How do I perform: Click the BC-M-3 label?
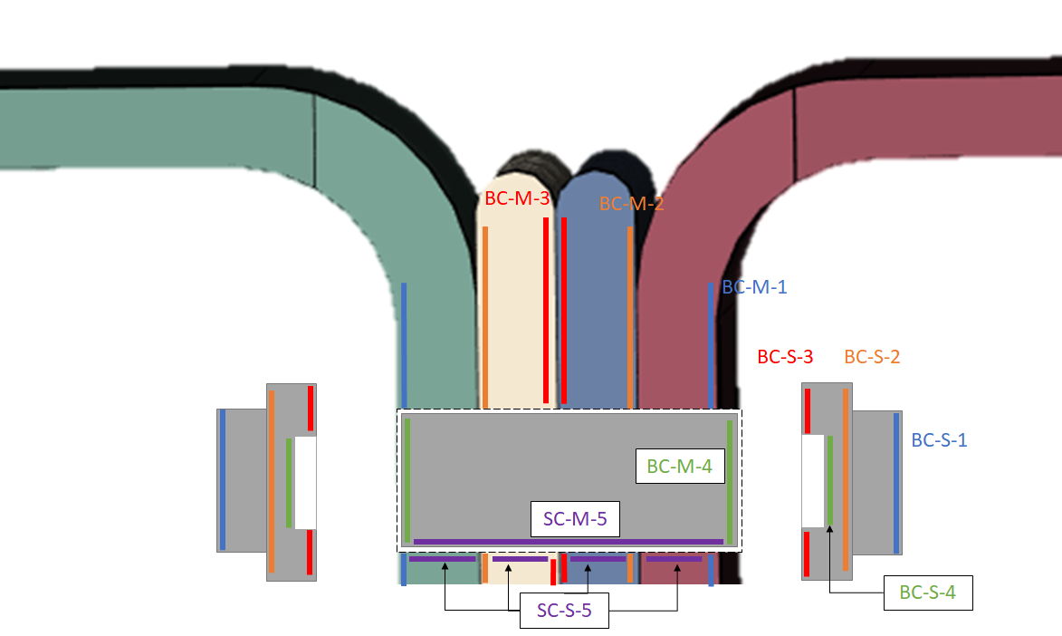517,198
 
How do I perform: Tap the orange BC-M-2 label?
631,204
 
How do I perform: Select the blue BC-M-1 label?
754,287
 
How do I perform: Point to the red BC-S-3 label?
785,357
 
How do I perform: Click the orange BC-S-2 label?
873,357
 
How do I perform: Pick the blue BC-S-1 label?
939,440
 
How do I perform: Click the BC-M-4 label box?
680,466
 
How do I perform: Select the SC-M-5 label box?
575,519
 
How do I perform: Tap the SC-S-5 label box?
564,611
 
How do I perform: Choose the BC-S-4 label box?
928,593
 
